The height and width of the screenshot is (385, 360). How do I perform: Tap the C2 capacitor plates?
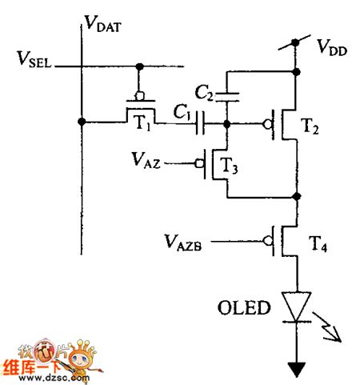(229, 96)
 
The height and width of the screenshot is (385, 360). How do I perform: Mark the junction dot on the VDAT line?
(82, 122)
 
